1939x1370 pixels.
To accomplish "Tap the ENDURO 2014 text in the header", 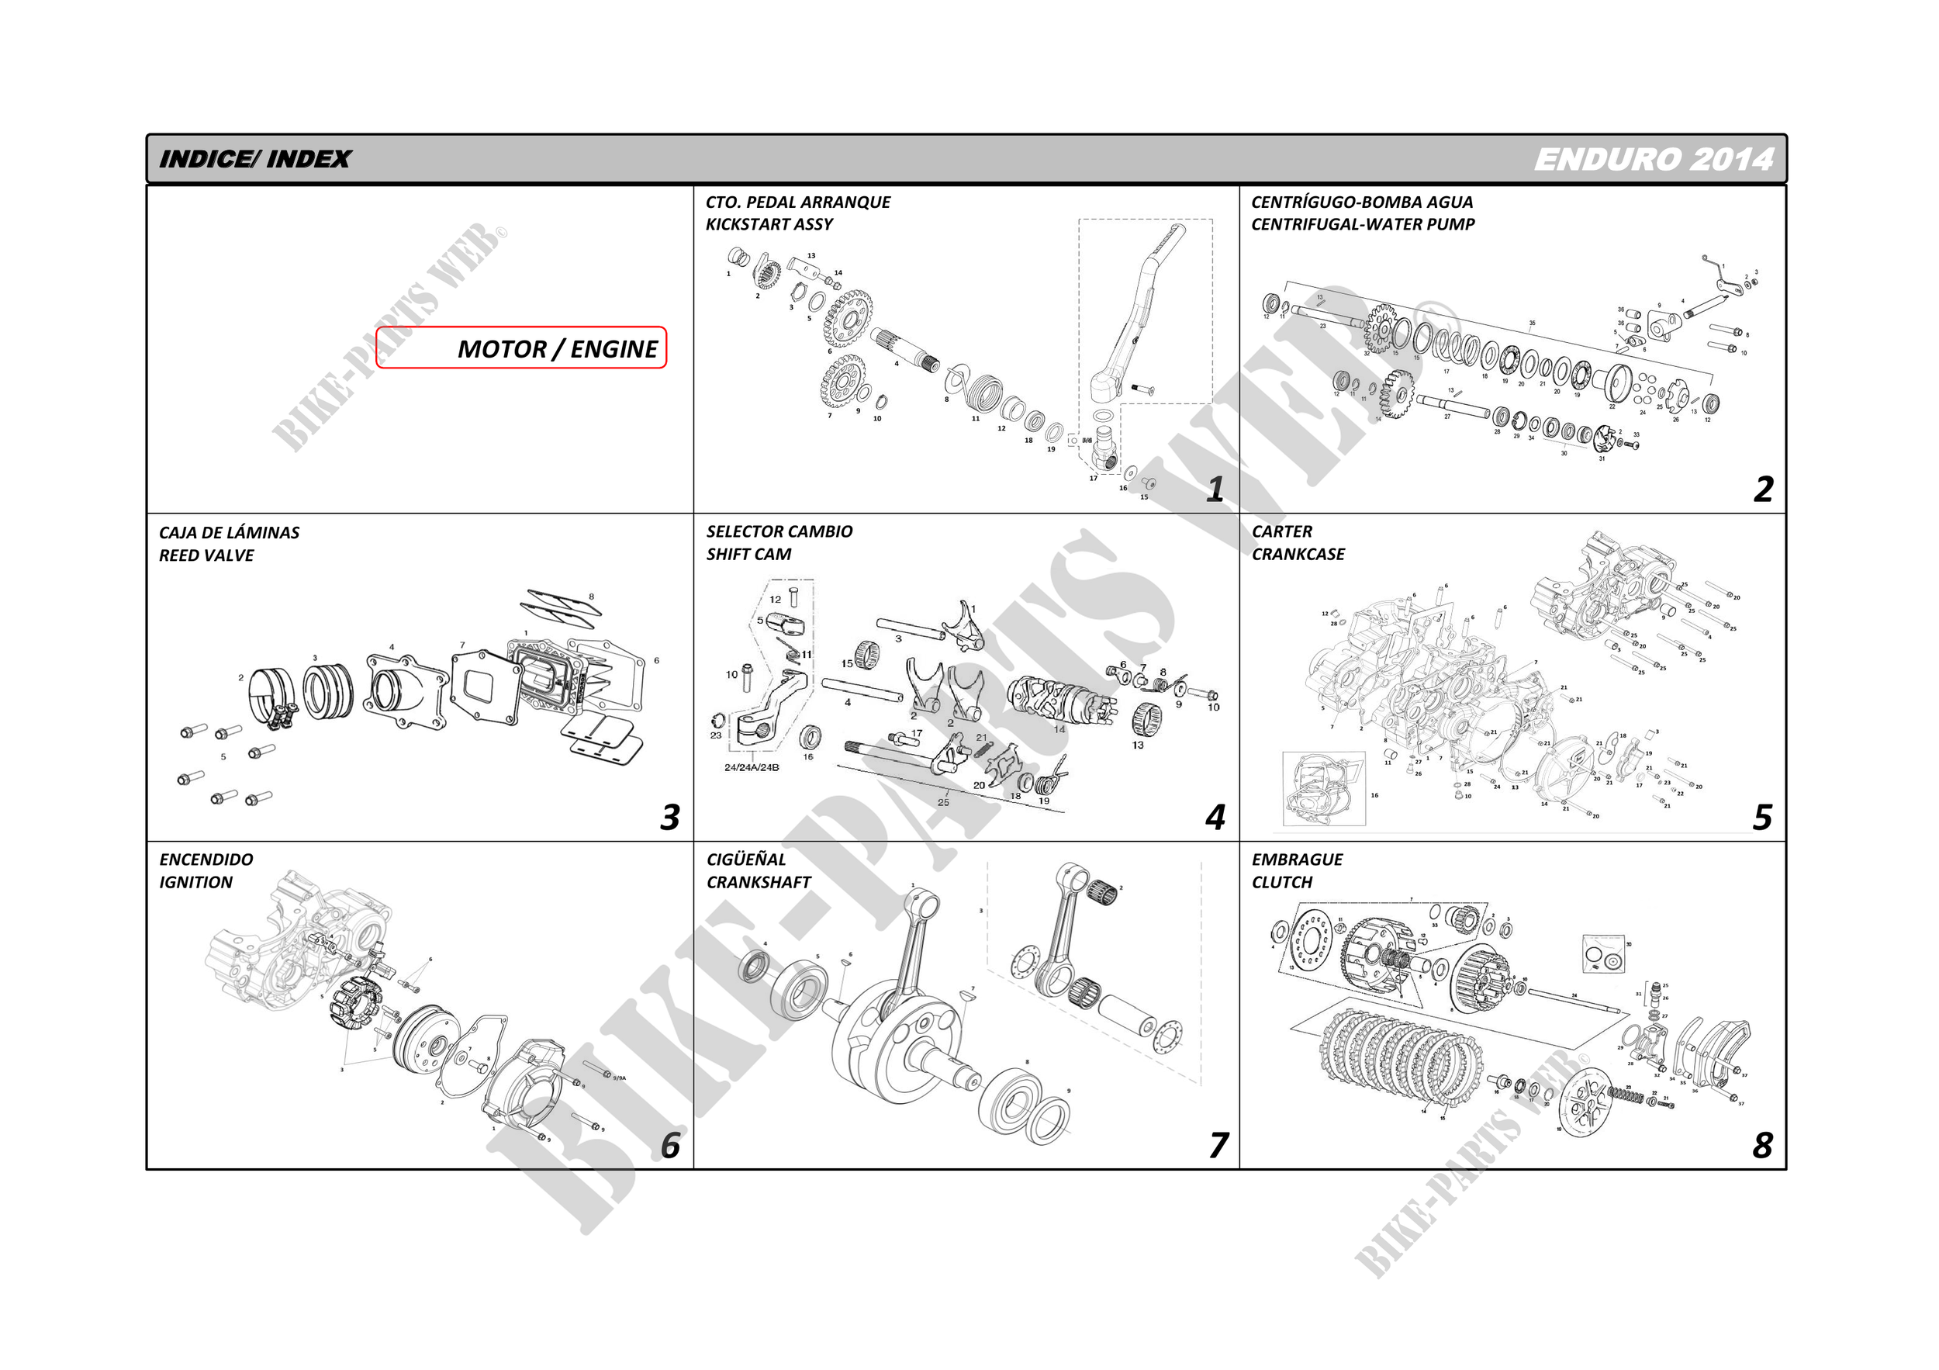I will coord(1653,160).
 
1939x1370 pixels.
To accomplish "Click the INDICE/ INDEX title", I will coord(254,160).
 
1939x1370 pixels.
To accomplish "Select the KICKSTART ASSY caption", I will coord(769,225).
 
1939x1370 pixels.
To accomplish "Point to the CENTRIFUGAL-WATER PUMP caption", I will coord(1362,225).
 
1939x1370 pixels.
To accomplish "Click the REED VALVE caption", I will coord(206,555).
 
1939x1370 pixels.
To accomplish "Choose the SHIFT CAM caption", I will coord(748,555).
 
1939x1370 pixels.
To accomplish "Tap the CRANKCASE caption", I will coord(1298,555).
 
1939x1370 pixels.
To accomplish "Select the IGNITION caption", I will coord(195,883).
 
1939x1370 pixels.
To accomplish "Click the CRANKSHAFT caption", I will coord(759,883).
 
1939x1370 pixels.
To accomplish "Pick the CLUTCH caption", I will coord(1282,883).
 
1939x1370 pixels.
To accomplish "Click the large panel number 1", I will coord(1215,490).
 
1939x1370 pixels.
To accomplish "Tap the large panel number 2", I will coord(1762,490).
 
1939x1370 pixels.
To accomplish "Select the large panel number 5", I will coord(1761,818).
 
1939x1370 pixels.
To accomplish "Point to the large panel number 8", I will coord(1761,1146).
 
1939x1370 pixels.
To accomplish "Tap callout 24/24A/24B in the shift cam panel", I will coord(752,768).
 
